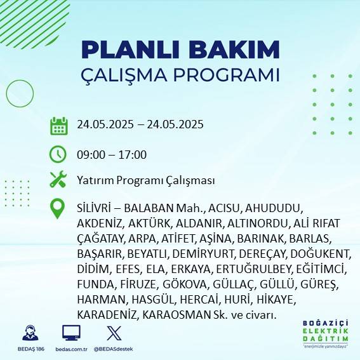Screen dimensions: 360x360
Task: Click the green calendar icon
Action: pyautogui.click(x=58, y=126)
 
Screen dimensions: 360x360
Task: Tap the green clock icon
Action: pyautogui.click(x=58, y=154)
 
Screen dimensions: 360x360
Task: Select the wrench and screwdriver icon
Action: pyautogui.click(x=58, y=180)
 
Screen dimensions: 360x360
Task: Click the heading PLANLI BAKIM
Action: pyautogui.click(x=180, y=50)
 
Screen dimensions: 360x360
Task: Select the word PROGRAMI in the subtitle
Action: pyautogui.click(x=230, y=74)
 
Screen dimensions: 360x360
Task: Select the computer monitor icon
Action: pyautogui.click(x=70, y=333)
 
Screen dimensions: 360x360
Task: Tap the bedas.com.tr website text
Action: pyautogui.click(x=70, y=349)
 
